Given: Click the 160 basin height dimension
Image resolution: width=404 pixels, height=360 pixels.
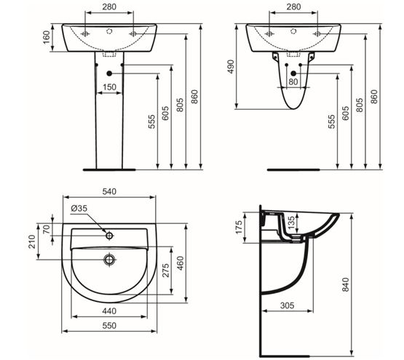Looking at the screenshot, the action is coord(47,37).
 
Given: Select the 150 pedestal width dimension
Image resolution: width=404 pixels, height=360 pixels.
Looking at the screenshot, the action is coord(109,87).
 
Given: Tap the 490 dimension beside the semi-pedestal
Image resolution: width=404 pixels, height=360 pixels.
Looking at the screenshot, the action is coord(231,67).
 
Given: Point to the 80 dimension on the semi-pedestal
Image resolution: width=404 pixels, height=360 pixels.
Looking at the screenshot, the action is coord(293,82).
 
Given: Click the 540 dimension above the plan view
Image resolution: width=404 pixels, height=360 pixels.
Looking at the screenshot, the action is coord(109,191).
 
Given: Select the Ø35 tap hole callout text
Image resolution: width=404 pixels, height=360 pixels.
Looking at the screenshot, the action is coord(79,208).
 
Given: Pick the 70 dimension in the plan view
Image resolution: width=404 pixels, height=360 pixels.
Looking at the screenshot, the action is coord(47,229).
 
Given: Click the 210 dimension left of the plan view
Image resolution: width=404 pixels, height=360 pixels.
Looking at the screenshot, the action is coord(32,241).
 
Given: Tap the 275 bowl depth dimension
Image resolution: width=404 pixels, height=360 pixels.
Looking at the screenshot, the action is coord(166,270).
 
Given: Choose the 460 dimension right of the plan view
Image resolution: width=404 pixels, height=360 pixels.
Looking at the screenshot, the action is coord(181,263).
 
